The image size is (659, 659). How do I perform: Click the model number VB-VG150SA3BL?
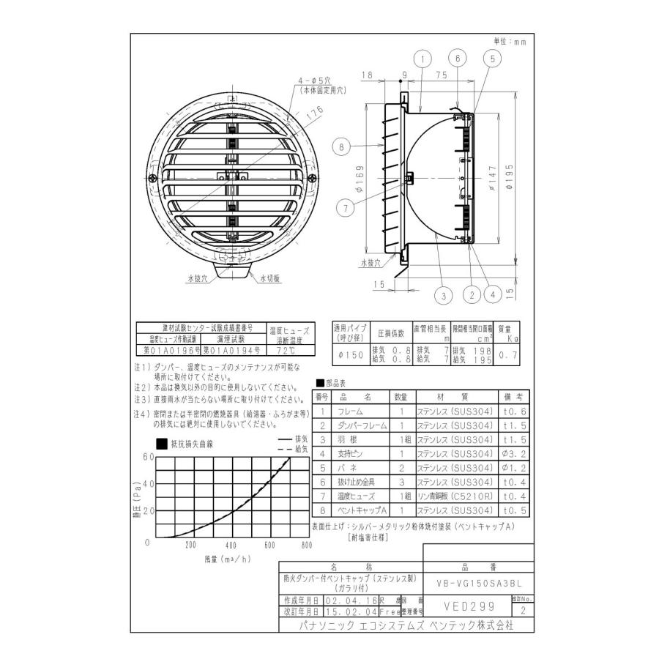tap(478, 583)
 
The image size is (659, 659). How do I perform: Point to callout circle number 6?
tap(457, 59)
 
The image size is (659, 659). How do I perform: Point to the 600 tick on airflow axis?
tap(269, 545)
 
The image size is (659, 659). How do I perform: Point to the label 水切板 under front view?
tap(269, 278)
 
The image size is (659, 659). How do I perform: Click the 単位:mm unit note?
tap(510, 42)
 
